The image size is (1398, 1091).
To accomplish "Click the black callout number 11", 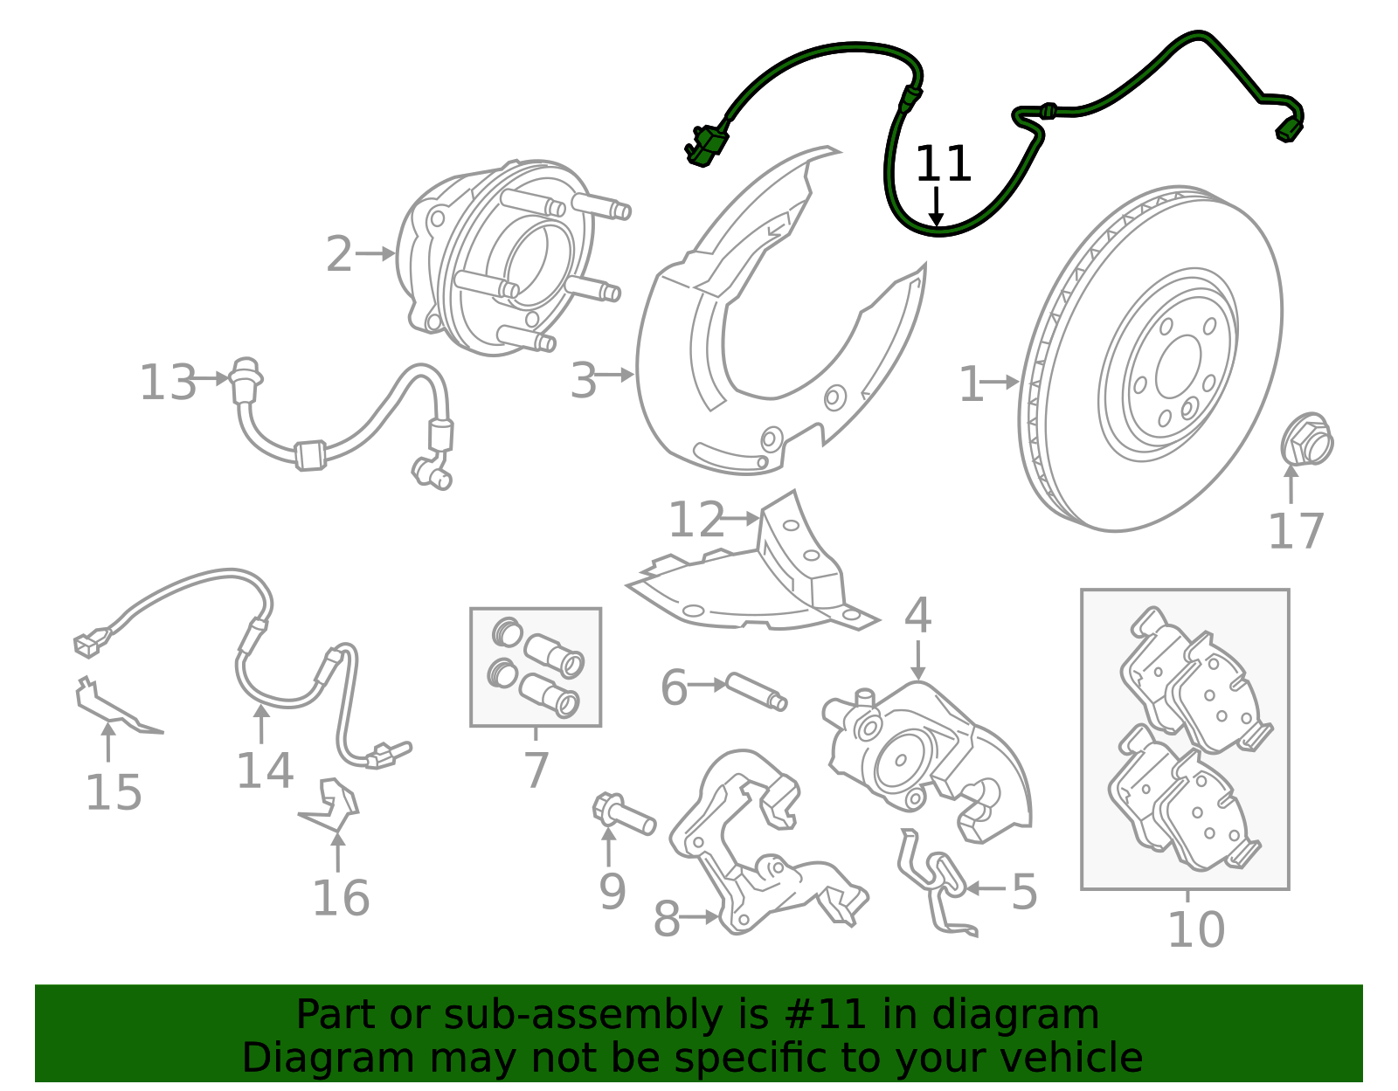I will click(x=943, y=164).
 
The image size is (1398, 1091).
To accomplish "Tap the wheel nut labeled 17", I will click(x=1306, y=440).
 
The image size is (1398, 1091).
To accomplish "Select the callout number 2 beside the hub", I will click(x=339, y=254).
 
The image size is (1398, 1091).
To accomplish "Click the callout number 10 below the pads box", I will click(x=1196, y=929).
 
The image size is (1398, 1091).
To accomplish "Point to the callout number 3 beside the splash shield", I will click(x=584, y=382).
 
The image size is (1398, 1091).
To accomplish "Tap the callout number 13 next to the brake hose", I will click(x=168, y=383).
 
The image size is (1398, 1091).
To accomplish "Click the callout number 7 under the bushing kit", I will click(x=536, y=770).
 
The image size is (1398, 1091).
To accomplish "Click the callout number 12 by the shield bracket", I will click(x=696, y=521).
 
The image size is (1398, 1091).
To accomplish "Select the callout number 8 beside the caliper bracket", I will click(x=667, y=920).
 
